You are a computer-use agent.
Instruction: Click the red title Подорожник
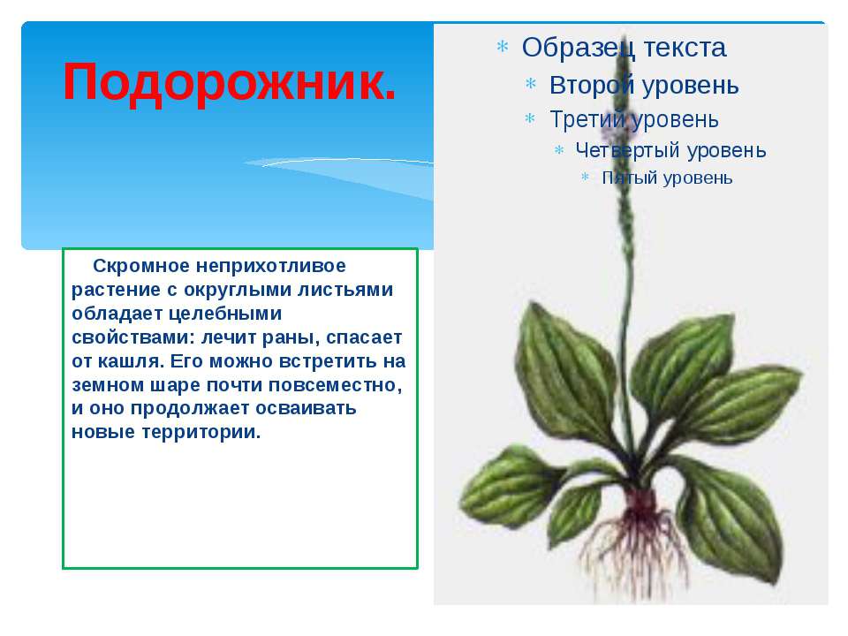click(230, 83)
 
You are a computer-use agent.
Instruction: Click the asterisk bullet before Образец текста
click(503, 47)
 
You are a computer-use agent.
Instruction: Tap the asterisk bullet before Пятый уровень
click(585, 177)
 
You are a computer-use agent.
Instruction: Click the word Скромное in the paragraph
click(141, 266)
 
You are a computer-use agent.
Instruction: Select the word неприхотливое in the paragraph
click(270, 266)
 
